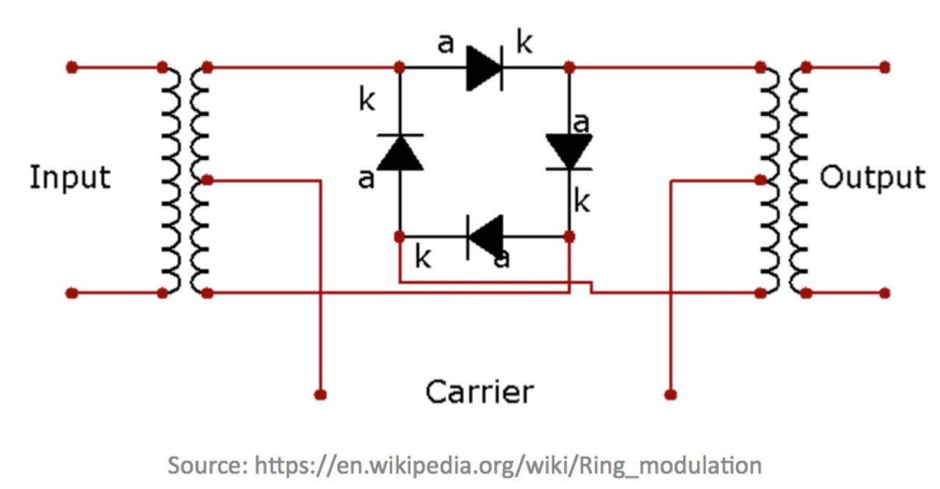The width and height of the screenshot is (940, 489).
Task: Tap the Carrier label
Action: coord(480,392)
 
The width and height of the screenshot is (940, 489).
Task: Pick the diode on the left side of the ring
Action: coord(399,152)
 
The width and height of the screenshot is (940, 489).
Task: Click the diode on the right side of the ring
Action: coord(569,152)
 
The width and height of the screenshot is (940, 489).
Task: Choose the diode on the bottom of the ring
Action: coord(485,236)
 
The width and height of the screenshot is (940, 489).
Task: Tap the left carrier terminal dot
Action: coord(319,394)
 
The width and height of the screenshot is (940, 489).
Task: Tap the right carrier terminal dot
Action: coord(670,394)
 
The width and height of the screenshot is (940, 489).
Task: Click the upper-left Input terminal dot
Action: coord(71,68)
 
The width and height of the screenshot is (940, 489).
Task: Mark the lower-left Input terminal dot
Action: coord(71,293)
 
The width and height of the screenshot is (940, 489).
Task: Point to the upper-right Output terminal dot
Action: coord(885,68)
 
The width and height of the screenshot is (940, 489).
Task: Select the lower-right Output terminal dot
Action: coord(885,293)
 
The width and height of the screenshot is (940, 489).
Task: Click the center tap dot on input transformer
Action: coord(208,180)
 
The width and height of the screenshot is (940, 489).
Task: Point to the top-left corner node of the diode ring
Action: coord(399,68)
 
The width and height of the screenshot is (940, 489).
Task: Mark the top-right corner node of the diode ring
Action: coord(569,68)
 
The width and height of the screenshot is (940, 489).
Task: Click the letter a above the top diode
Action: coord(446,44)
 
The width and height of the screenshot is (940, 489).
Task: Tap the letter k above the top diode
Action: coord(524,44)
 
